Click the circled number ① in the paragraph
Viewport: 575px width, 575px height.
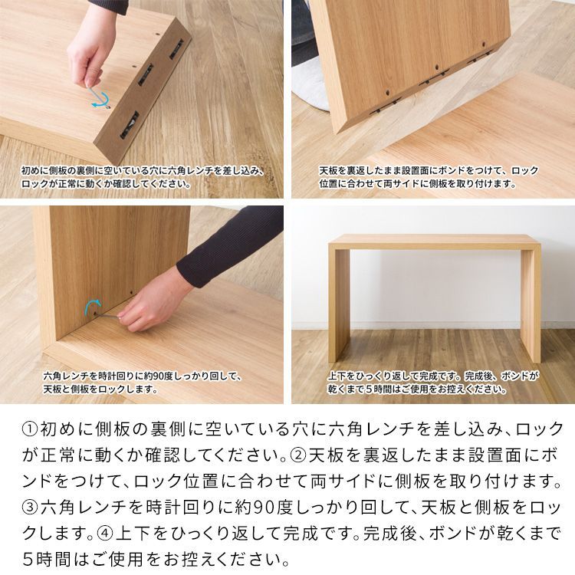pos(25,429)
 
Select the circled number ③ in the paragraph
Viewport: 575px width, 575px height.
pos(25,507)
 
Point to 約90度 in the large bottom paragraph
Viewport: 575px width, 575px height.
pos(264,507)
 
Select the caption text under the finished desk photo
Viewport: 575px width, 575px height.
pos(433,383)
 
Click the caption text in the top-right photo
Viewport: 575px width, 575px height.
pos(429,177)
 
